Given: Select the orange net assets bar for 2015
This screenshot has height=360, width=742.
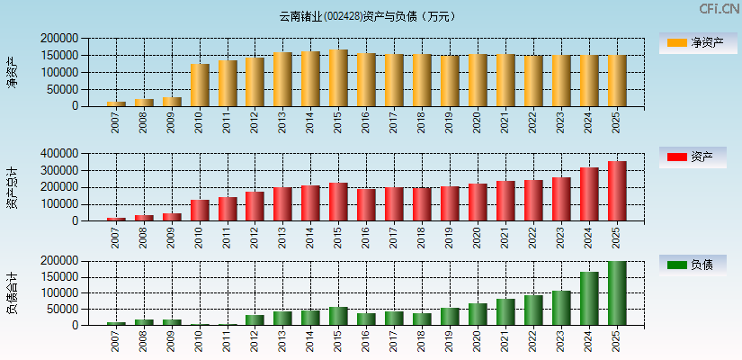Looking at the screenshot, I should point(338,78).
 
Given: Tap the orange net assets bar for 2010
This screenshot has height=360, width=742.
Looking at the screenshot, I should point(200,85).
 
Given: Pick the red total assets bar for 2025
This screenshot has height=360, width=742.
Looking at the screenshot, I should point(616,191).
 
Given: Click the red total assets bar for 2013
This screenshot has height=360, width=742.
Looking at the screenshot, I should point(282,204).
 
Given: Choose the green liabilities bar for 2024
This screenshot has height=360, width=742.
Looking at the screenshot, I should point(589,298).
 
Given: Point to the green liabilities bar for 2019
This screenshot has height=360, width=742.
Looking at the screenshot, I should point(450,316).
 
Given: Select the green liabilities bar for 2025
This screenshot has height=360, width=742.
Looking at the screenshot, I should point(616,293).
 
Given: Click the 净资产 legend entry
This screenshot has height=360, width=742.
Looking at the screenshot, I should point(693,42).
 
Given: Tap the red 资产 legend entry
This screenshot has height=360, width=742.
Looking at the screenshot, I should point(693,157).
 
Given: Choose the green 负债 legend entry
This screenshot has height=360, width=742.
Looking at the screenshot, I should point(693,265).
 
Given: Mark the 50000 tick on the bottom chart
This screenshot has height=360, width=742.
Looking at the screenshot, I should point(62,309).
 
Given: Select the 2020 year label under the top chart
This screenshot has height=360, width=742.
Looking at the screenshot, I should point(478,121).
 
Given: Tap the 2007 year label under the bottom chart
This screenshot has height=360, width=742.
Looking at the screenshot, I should point(116,340).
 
